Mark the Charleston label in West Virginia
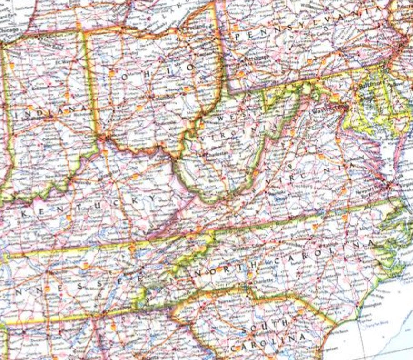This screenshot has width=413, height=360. (x=210, y=154)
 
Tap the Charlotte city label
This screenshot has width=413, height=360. (x=261, y=280)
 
